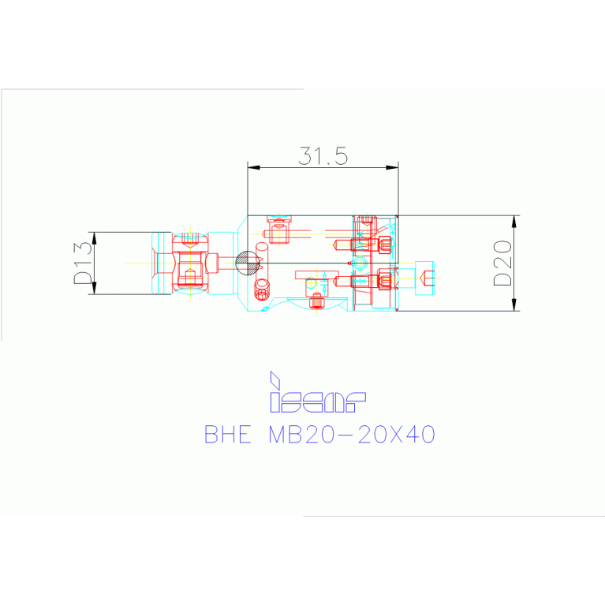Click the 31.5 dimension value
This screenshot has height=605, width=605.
tap(323, 155)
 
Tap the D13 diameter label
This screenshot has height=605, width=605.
tap(83, 263)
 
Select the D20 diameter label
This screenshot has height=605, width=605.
tap(502, 263)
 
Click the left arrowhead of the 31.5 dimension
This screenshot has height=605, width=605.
tap(252, 167)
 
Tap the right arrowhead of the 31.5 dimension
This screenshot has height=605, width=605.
tap(393, 167)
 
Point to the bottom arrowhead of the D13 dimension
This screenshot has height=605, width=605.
tap(94, 289)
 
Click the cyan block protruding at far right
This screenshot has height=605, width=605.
tap(424, 278)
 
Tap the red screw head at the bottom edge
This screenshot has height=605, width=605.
tap(316, 301)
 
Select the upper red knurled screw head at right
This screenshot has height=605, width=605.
tap(385, 245)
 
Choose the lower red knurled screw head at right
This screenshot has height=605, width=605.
tap(385, 279)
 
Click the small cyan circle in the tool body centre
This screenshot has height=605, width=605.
tap(360, 263)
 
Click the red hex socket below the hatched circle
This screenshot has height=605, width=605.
tap(261, 294)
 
